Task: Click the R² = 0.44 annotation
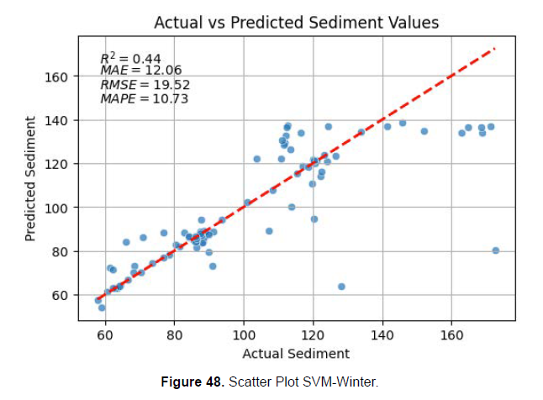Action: coord(130,58)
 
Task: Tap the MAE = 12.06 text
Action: coord(140,71)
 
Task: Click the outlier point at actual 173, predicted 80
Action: coord(496,250)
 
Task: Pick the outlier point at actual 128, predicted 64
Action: coord(341,287)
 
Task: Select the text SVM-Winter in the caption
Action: coord(345,382)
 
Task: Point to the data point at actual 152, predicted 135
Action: coord(424,131)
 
